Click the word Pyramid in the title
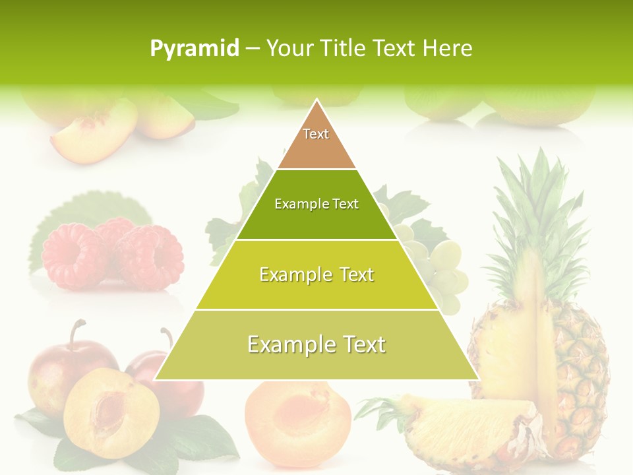(x=194, y=49)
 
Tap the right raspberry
(x=148, y=257)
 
